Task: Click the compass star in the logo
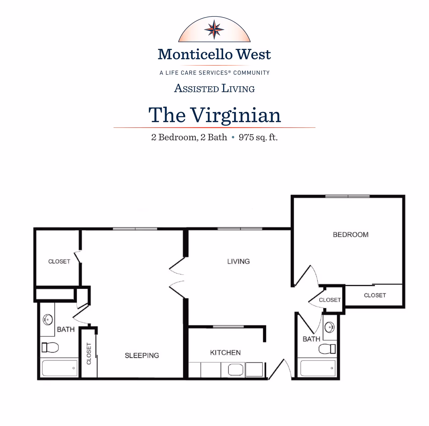click(214, 29)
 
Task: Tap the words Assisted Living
click(214, 88)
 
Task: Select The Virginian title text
click(214, 115)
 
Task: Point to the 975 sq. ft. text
click(258, 137)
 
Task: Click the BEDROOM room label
click(350, 235)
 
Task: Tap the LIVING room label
click(238, 261)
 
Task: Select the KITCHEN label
click(225, 353)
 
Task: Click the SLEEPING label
click(142, 356)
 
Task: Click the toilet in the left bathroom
click(50, 347)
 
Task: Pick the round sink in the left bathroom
click(48, 319)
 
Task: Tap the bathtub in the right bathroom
click(318, 368)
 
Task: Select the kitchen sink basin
click(235, 370)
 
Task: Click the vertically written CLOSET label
click(89, 353)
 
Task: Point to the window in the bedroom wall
click(347, 196)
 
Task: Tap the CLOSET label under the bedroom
click(375, 295)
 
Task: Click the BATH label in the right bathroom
click(311, 339)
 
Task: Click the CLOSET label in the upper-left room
click(59, 261)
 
